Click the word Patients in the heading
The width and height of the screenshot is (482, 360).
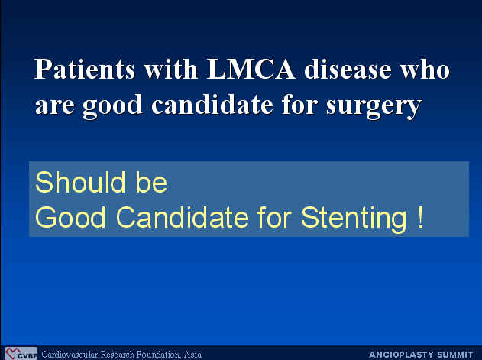[85, 69]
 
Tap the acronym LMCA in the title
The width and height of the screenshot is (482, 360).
[251, 68]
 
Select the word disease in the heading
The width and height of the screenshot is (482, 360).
[348, 69]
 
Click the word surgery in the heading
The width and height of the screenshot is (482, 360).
[374, 106]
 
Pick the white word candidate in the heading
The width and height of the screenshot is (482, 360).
[212, 104]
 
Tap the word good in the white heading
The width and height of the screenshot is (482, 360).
[112, 106]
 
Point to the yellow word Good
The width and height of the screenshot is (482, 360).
[70, 217]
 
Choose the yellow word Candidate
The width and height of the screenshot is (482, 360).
[183, 217]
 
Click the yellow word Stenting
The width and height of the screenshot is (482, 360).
[354, 219]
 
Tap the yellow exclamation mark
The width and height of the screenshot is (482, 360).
[420, 217]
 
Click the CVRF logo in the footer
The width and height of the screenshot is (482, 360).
[21, 354]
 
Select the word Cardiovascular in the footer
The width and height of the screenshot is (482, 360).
[70, 355]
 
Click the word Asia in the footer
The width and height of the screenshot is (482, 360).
[192, 355]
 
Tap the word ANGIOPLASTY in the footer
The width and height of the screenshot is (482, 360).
[401, 355]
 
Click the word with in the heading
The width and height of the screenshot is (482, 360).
[171, 69]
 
